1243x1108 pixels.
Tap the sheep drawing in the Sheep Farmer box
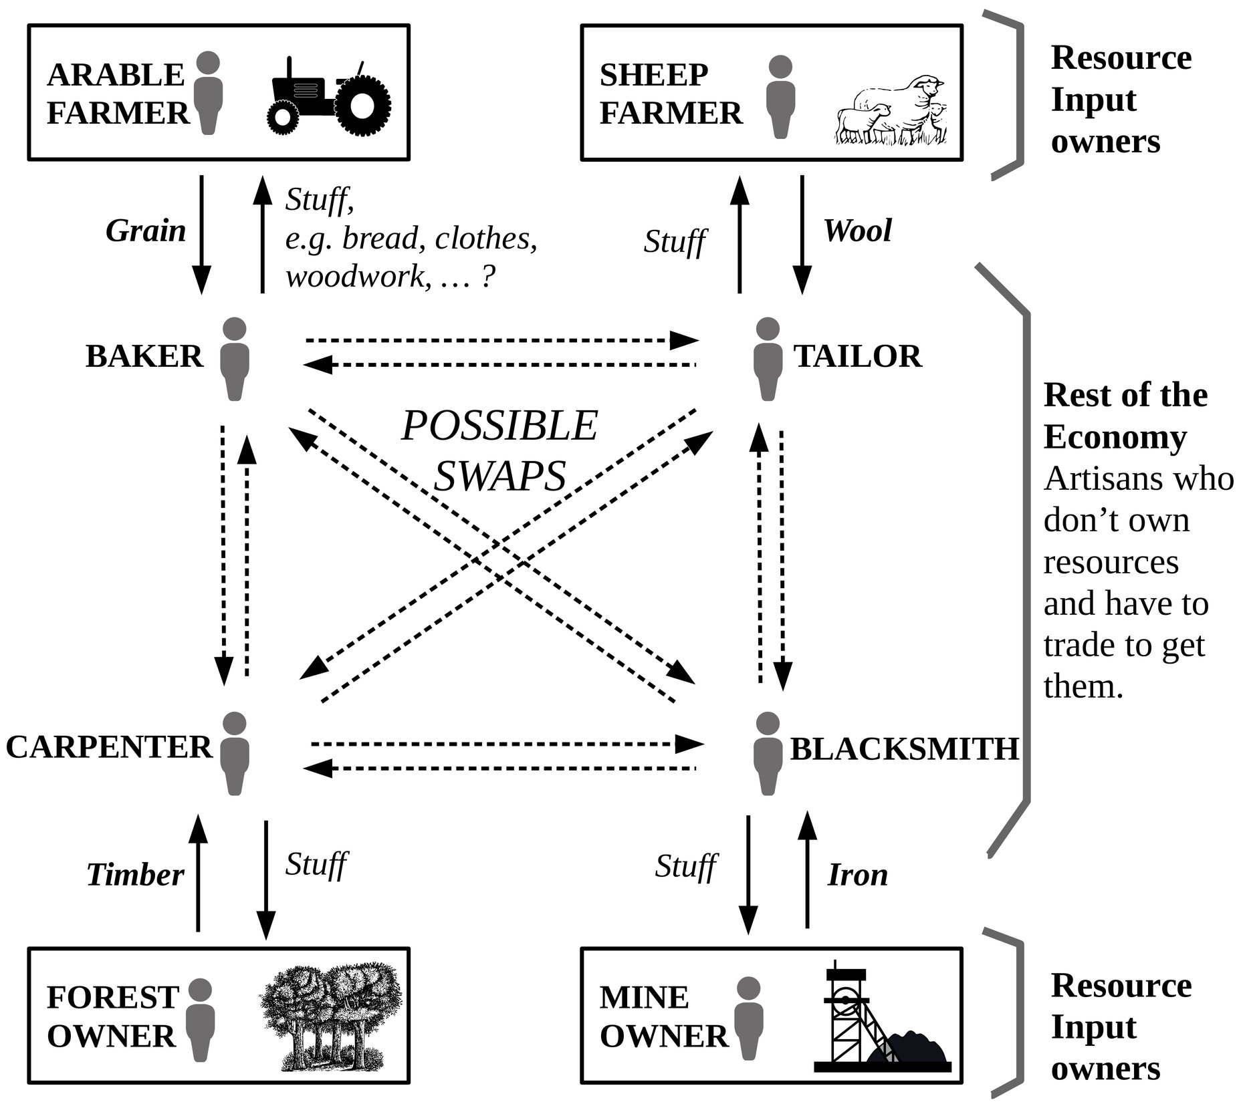(891, 111)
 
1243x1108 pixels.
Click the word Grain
(146, 231)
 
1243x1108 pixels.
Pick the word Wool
(858, 231)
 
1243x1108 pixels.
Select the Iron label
(858, 875)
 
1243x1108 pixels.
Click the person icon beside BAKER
(234, 359)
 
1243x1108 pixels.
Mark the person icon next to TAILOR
(767, 359)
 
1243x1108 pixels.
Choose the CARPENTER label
(109, 747)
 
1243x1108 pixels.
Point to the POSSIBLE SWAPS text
(499, 451)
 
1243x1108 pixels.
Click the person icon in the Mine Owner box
(748, 1018)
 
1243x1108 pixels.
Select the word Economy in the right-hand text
(1115, 438)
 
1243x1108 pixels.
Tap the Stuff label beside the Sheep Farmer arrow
(675, 242)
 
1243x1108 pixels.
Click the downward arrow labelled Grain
(201, 234)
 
